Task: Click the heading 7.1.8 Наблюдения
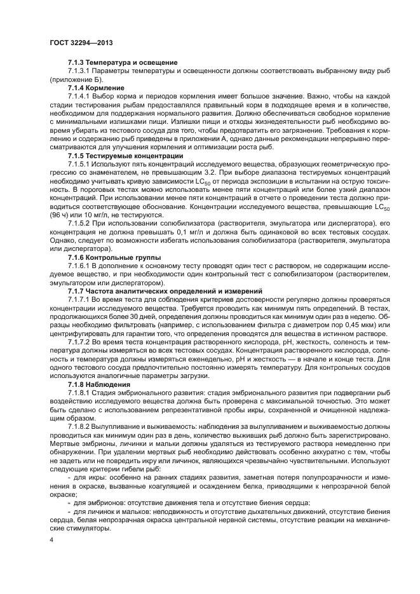(x=99, y=385)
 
